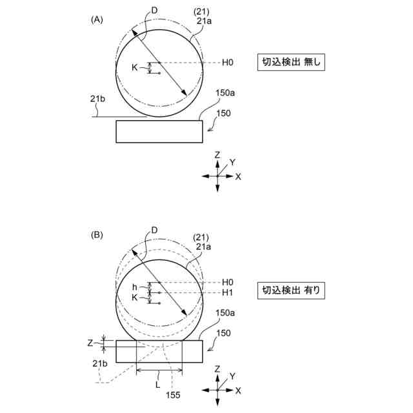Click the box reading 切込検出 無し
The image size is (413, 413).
290,63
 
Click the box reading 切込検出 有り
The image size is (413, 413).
290,291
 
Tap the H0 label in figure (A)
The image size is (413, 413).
227,63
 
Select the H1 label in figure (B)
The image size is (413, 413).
227,293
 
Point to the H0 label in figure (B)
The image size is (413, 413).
227,282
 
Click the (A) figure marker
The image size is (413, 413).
97,19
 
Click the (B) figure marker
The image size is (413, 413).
97,235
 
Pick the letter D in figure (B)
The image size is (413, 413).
154,230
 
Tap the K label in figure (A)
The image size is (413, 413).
135,67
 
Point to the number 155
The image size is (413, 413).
174,395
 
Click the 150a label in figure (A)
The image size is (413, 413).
225,93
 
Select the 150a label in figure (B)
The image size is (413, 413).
225,313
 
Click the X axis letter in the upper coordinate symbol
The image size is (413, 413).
238,176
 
